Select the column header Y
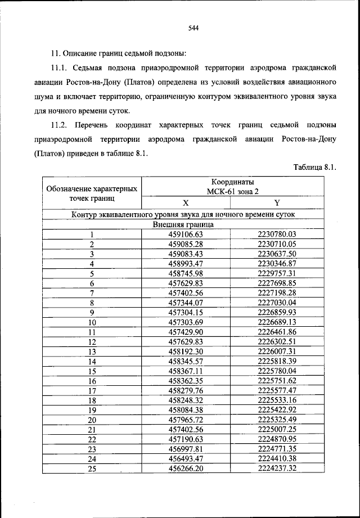[x=277, y=204]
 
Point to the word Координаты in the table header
[x=232, y=183]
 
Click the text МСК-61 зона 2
[x=232, y=192]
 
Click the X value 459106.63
[x=185, y=235]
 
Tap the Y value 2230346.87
[x=277, y=263]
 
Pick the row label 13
[x=92, y=351]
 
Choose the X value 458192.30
[x=185, y=351]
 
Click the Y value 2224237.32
[x=277, y=468]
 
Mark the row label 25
[x=92, y=468]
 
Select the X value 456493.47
[x=185, y=458]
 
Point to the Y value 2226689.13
[x=277, y=322]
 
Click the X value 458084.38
[x=185, y=409]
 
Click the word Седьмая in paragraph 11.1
[x=90, y=68]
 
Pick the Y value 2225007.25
[x=277, y=429]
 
